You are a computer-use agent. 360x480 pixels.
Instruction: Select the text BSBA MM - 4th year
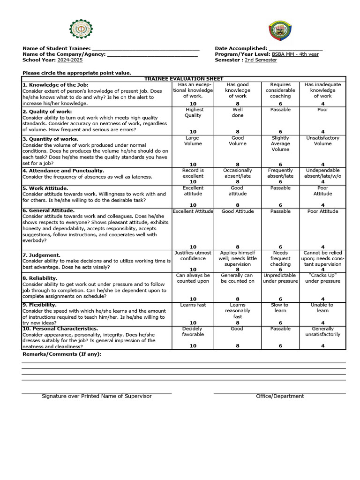click(295, 54)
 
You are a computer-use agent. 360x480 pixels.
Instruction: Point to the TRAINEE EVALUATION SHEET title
click(184, 79)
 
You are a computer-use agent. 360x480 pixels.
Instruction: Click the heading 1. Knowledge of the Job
click(55, 85)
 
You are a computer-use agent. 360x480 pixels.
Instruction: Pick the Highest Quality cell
click(193, 112)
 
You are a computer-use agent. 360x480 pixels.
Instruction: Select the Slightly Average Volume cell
click(280, 143)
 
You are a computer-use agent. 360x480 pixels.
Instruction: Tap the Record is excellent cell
click(193, 173)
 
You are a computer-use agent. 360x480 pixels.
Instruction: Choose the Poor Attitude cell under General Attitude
click(322, 211)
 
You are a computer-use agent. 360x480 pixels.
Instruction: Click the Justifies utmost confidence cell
click(193, 255)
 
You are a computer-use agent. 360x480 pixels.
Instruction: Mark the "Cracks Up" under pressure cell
click(322, 278)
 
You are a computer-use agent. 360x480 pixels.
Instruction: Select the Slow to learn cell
click(280, 307)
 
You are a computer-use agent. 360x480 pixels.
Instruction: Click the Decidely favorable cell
click(193, 332)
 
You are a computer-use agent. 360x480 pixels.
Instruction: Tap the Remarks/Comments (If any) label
click(62, 354)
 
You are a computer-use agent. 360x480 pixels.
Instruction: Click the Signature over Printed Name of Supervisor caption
click(97, 396)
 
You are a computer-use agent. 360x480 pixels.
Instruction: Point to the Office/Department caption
click(280, 396)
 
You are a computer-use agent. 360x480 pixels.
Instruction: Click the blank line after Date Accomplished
click(295, 49)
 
